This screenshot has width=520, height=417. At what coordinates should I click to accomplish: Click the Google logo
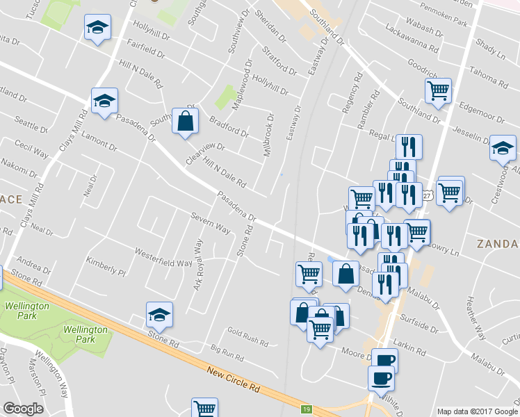(x=23, y=409)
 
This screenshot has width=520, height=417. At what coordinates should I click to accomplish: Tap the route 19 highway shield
(x=306, y=410)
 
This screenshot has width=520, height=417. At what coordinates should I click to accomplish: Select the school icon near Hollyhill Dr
(x=97, y=28)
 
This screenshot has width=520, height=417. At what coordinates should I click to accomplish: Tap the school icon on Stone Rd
(x=159, y=316)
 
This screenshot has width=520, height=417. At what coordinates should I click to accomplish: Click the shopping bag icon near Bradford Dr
(x=186, y=122)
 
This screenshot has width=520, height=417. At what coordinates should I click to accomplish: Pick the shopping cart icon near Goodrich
(x=438, y=90)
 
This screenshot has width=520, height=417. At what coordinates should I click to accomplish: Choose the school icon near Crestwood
(x=502, y=148)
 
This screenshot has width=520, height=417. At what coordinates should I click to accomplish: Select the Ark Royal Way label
(x=197, y=265)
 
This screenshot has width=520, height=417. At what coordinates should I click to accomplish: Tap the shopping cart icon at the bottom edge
(x=204, y=409)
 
